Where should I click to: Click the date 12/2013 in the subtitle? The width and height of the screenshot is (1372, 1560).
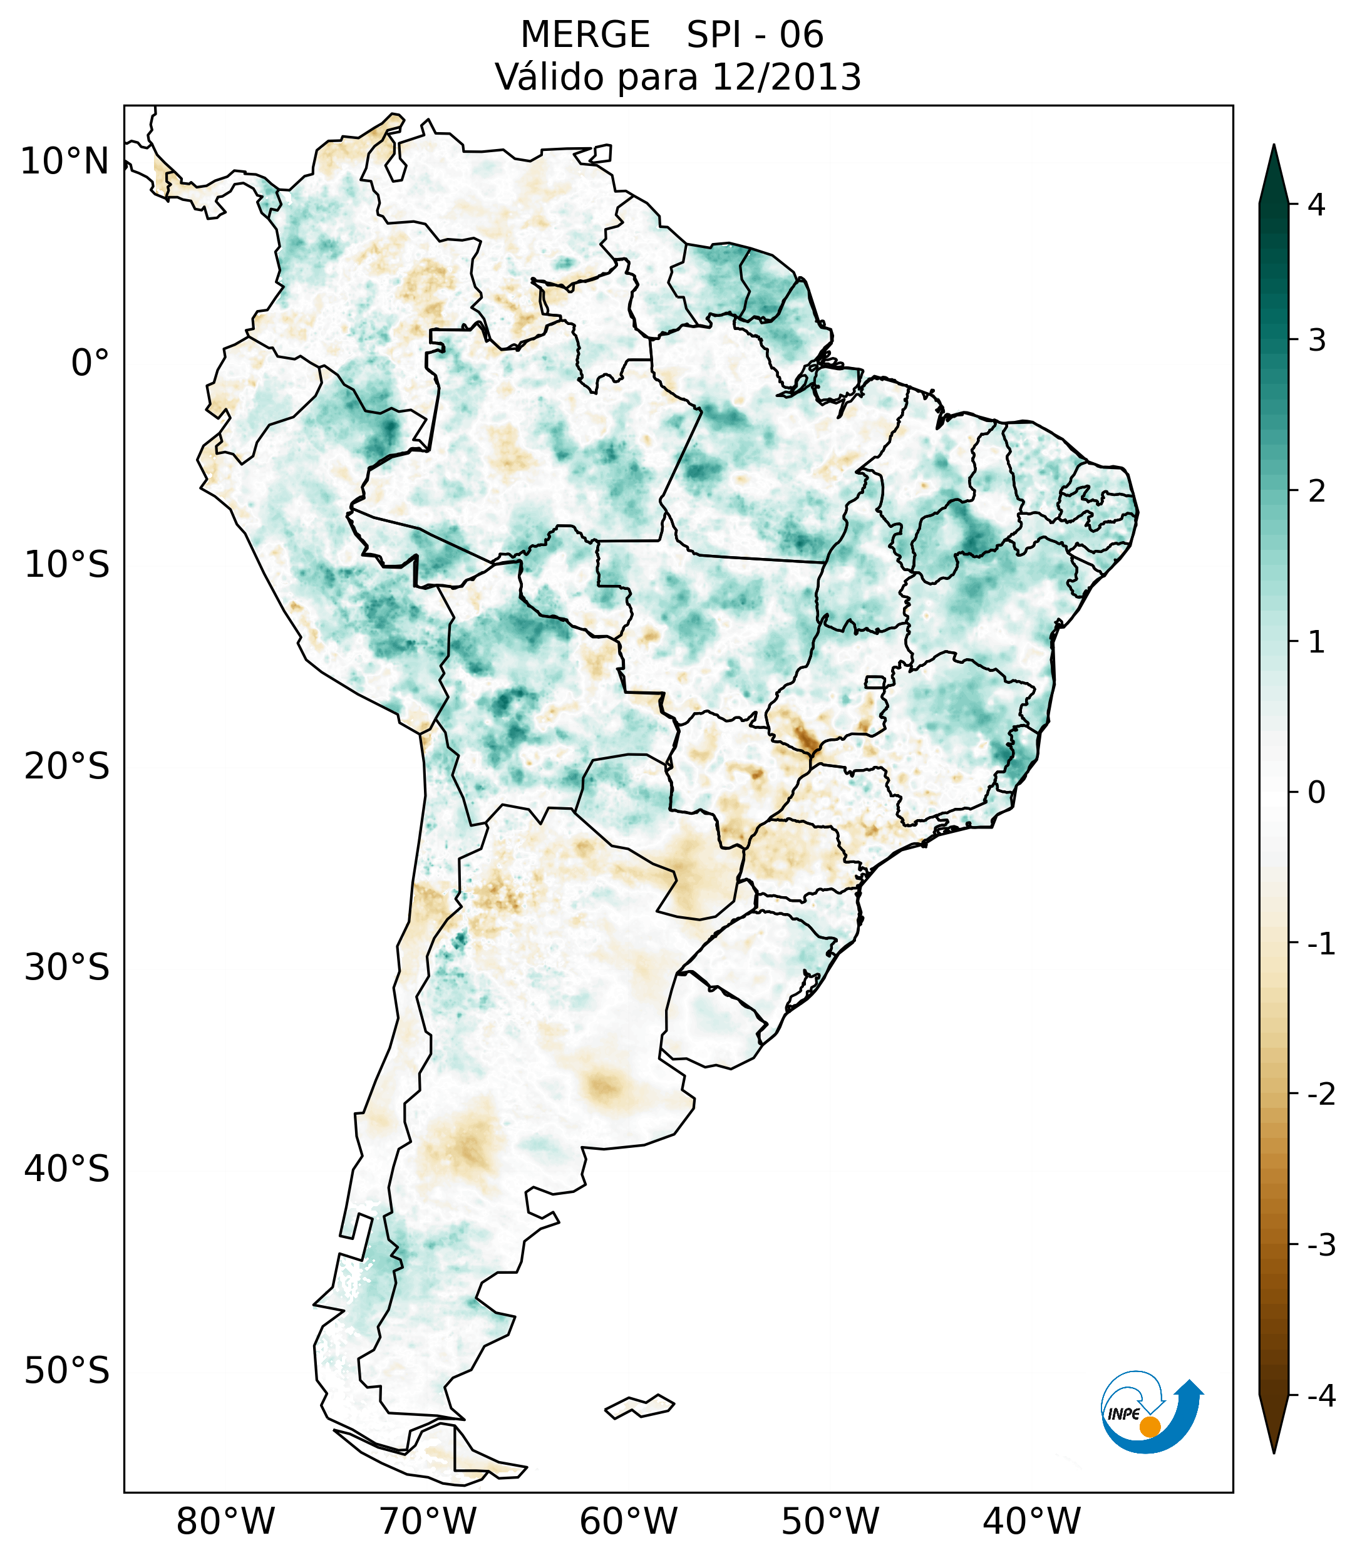pos(787,77)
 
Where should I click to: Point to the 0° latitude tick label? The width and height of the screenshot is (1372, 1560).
pos(90,363)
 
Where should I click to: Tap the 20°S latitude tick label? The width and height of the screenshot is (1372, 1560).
pos(67,767)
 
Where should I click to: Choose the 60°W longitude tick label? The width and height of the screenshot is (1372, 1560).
pos(628,1522)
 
